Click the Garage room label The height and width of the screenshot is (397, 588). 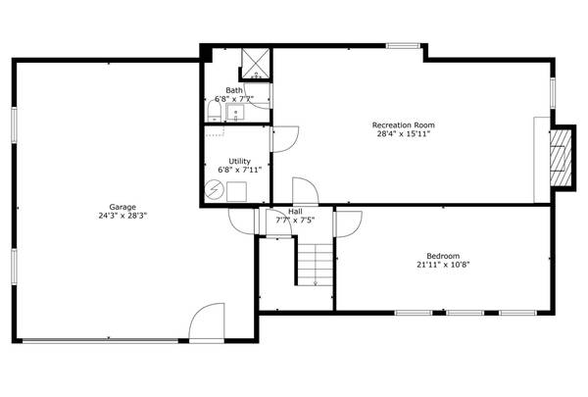122,207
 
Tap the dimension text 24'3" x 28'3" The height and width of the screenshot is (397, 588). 122,217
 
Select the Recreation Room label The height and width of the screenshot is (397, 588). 403,124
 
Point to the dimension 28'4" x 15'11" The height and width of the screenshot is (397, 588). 403,134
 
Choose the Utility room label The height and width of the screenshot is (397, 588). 239,161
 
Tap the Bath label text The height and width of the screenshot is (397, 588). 234,90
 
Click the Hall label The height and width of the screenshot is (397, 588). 295,212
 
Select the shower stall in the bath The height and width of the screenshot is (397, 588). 256,63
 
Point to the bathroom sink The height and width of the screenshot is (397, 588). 234,112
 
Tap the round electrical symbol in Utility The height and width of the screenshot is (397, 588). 215,191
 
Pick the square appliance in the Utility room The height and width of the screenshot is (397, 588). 237,192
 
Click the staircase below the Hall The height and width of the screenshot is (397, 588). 315,263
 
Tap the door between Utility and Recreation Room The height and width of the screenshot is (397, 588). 282,138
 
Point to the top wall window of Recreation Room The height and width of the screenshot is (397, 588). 405,45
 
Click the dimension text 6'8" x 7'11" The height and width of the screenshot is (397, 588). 239,171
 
